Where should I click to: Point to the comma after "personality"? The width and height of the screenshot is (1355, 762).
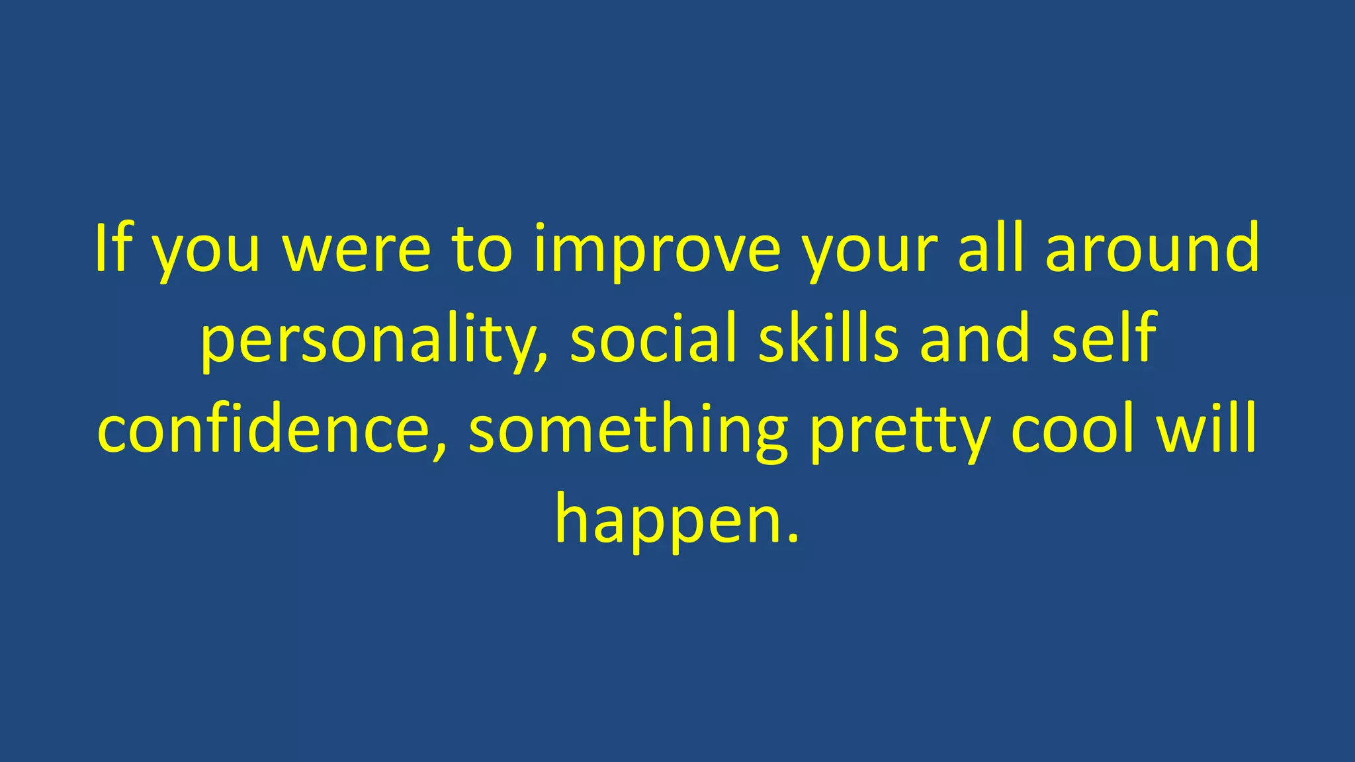(x=543, y=360)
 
